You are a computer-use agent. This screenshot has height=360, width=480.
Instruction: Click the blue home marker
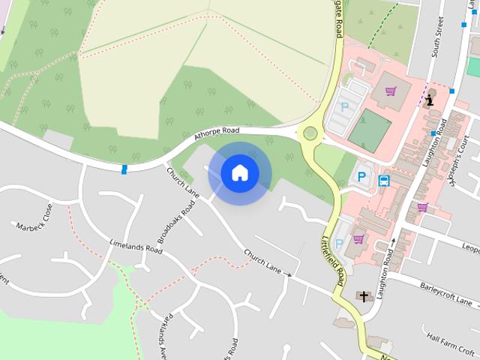pos(239,172)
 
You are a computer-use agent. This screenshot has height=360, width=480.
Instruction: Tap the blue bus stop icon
pos(384,181)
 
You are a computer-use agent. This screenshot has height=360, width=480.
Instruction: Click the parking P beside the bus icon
pos(361,177)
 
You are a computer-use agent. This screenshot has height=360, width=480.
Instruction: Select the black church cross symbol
pos(364,296)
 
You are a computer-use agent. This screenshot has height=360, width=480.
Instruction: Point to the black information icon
pos(430,100)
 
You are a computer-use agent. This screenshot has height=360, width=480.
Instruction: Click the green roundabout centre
pos(309,134)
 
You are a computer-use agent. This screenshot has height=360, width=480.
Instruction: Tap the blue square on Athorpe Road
pos(124,169)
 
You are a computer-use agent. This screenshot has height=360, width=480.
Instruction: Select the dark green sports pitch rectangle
pos(370,130)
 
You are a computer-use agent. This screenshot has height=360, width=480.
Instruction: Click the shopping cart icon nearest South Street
pos(390,91)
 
